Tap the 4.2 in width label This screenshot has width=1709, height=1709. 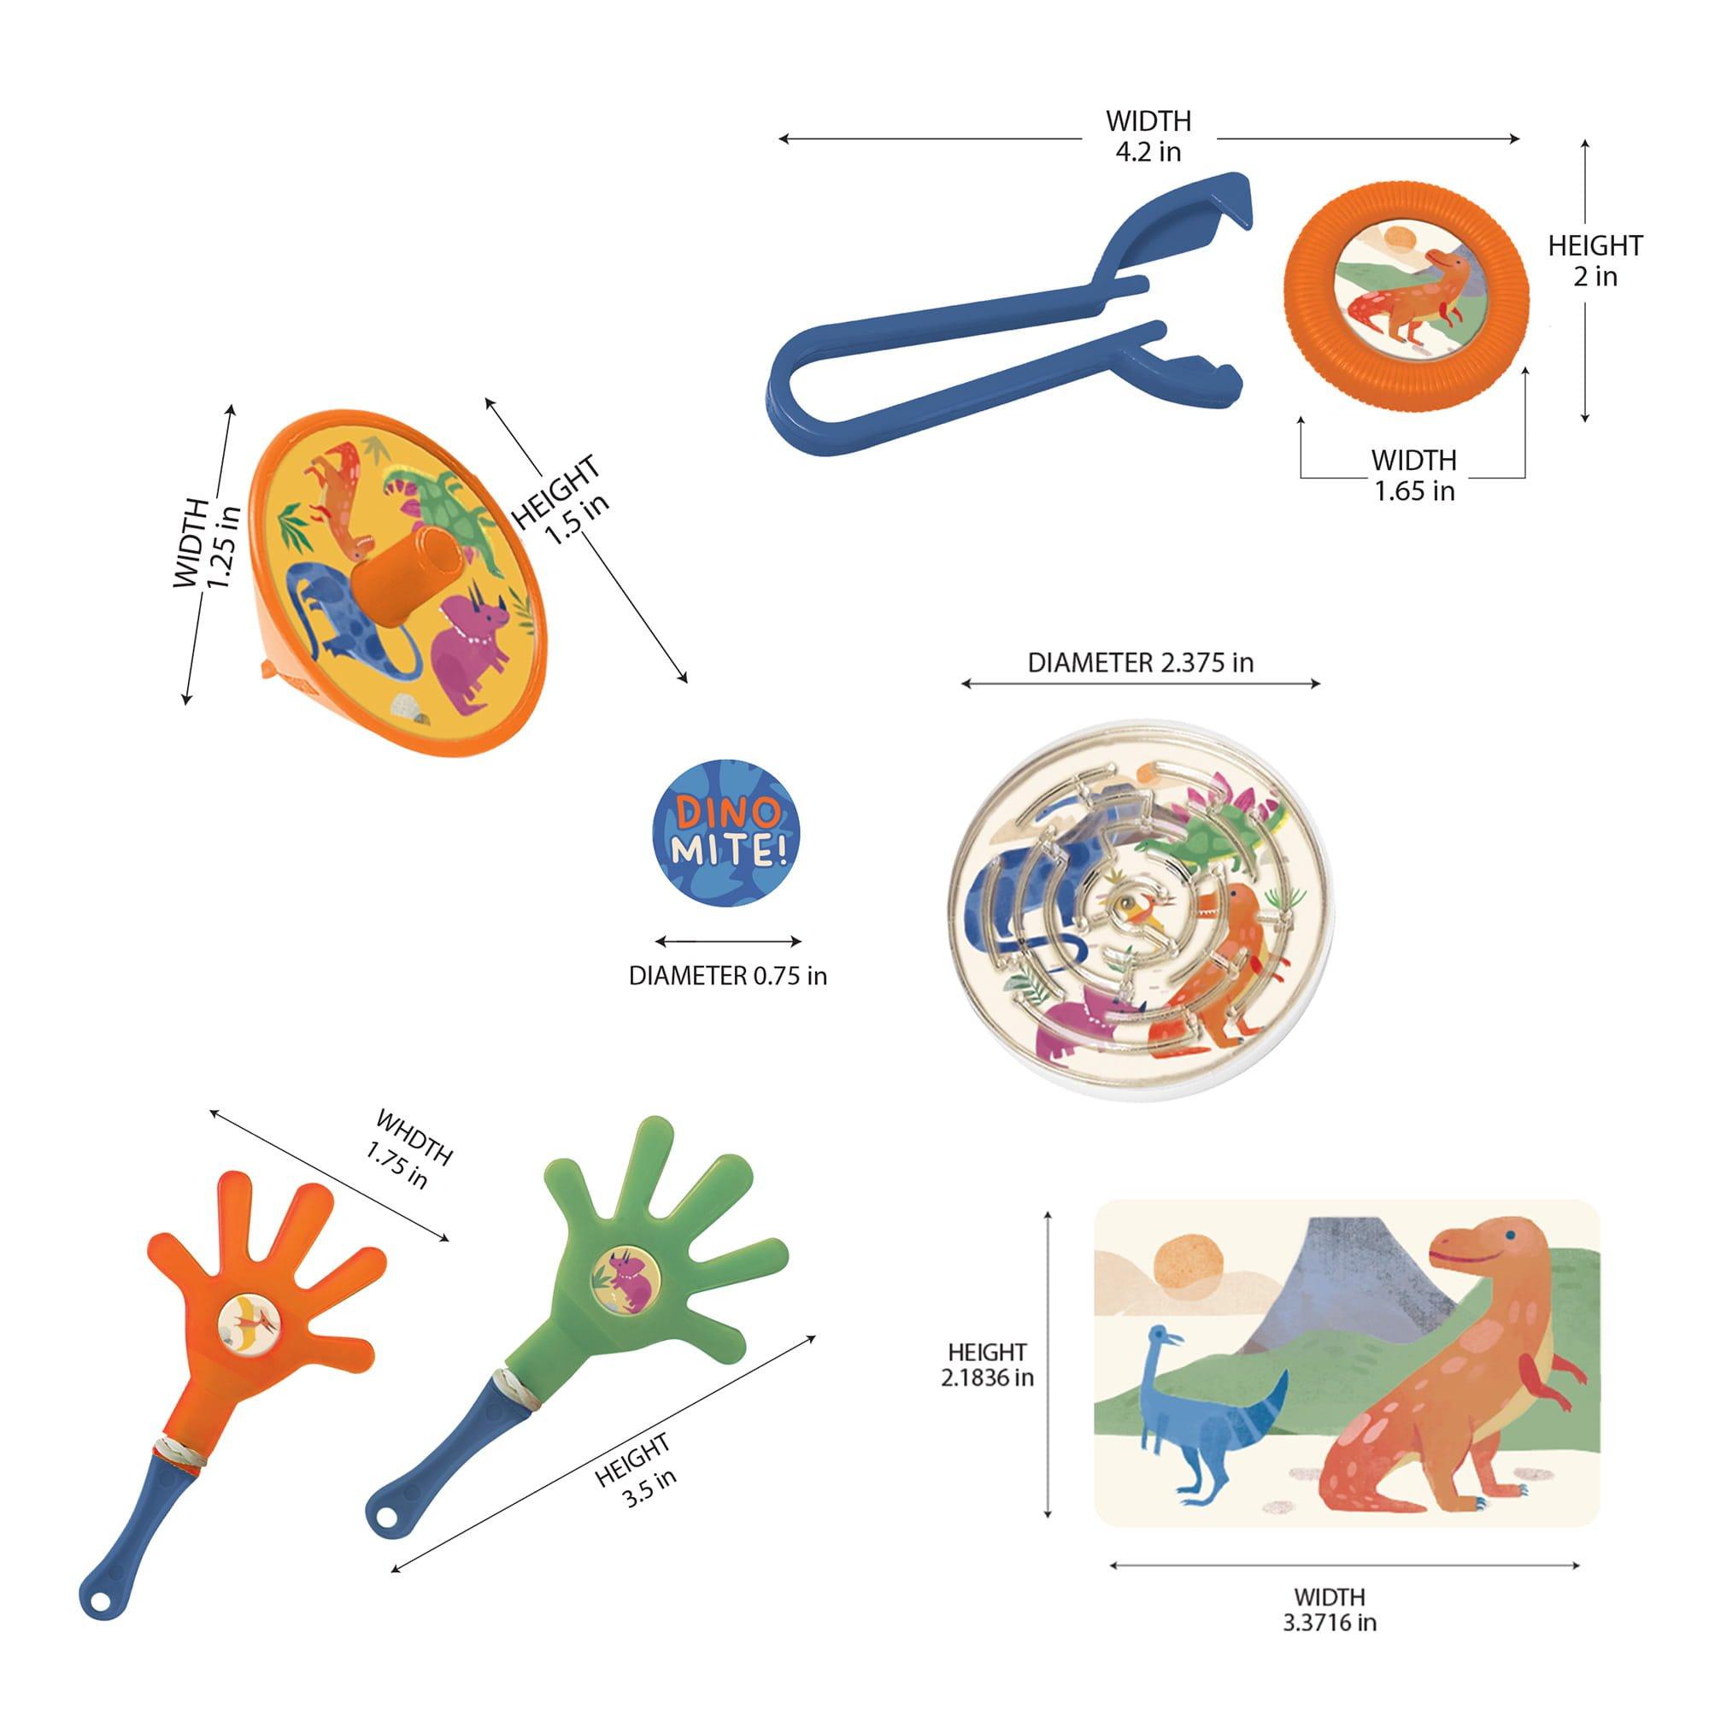point(1148,136)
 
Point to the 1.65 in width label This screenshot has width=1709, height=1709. point(1413,475)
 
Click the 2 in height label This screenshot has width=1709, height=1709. point(1594,261)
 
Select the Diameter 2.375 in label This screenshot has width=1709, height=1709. point(1140,662)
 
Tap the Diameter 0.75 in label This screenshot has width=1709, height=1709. point(728,976)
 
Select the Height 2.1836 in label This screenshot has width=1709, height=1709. point(987,1364)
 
